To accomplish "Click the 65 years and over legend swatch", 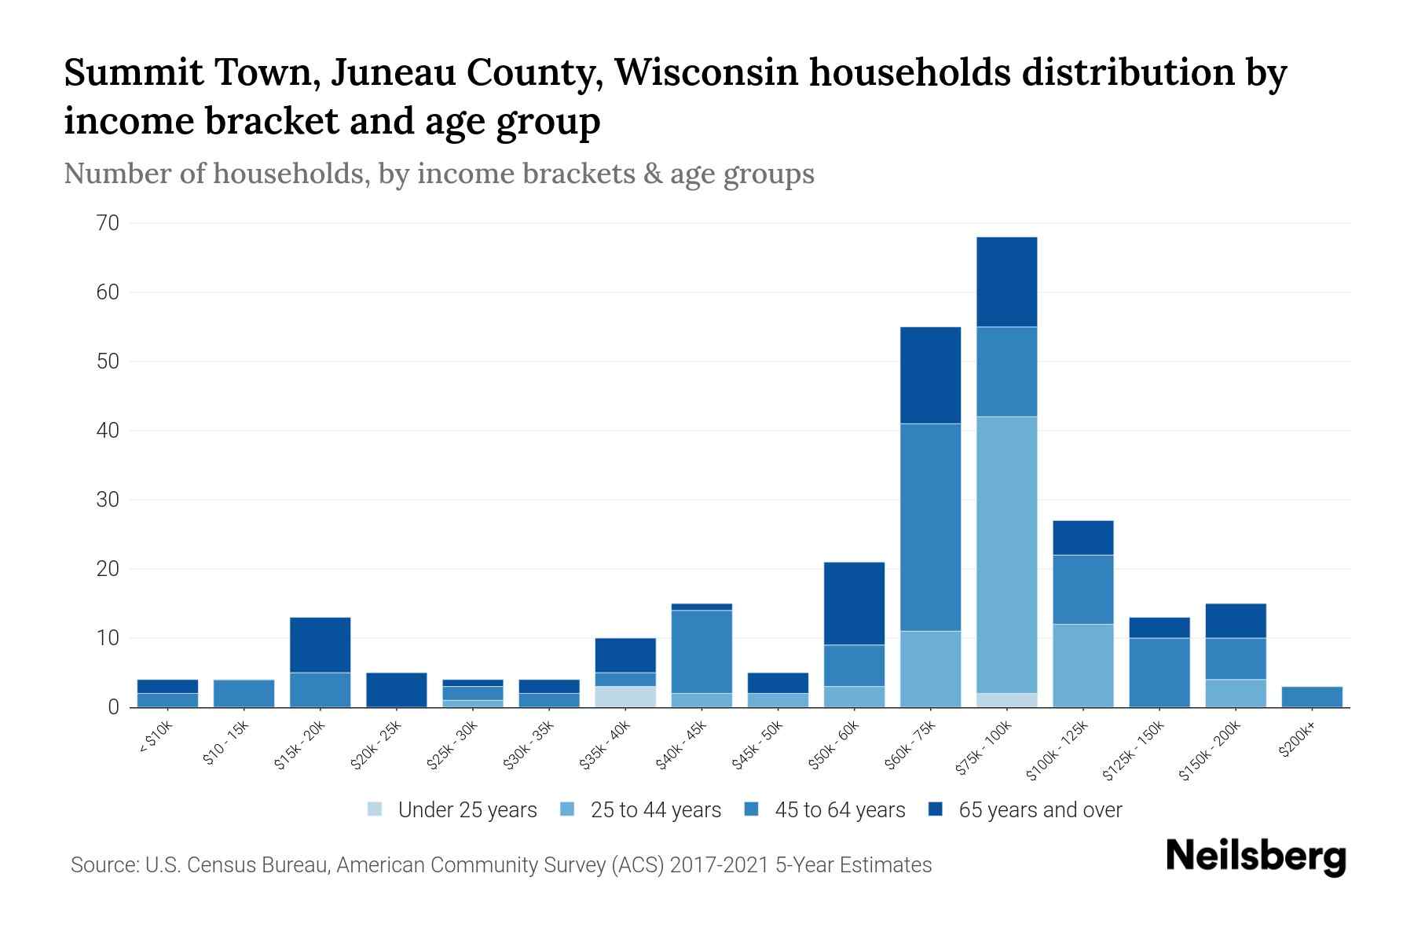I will [x=936, y=809].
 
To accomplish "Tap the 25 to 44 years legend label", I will [x=655, y=809].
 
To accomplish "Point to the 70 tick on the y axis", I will [x=108, y=223].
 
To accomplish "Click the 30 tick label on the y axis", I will [x=108, y=500].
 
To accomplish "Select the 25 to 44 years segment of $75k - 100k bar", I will [x=1007, y=554].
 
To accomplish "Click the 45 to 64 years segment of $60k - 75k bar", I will [x=930, y=527].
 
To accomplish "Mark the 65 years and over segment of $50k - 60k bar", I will [x=854, y=604].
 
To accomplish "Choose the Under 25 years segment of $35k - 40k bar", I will [x=625, y=697].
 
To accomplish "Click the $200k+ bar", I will [x=1312, y=697].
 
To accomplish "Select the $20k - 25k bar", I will [x=397, y=690].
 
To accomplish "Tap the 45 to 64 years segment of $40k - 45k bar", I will [x=702, y=651].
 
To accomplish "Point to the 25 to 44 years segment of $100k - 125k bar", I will [x=1083, y=666].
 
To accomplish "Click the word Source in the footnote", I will [x=103, y=865].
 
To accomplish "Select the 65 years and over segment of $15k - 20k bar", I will [x=321, y=645].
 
